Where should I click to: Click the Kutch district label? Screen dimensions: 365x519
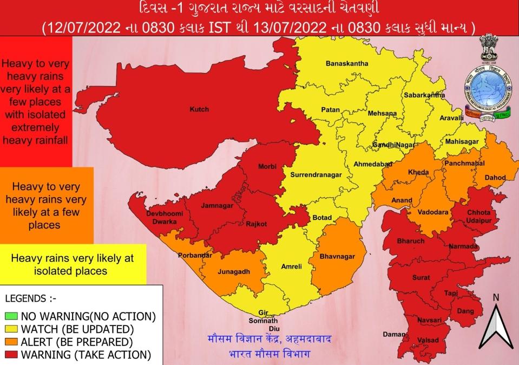coord(199,109)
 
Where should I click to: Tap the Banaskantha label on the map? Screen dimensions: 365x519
coord(347,63)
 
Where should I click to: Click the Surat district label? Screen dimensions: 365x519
coord(421,277)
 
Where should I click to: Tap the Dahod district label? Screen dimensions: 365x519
coord(495,177)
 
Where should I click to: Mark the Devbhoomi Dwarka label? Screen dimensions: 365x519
coord(165,217)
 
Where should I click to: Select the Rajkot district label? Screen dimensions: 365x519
coord(257,224)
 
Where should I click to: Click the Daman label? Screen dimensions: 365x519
coord(393,334)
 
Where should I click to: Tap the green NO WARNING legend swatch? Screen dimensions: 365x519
coord(11,316)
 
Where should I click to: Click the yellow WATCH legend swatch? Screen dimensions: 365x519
coord(11,329)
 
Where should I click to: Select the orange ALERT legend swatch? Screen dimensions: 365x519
coord(11,342)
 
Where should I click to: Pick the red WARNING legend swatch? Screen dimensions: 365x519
coord(11,355)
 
